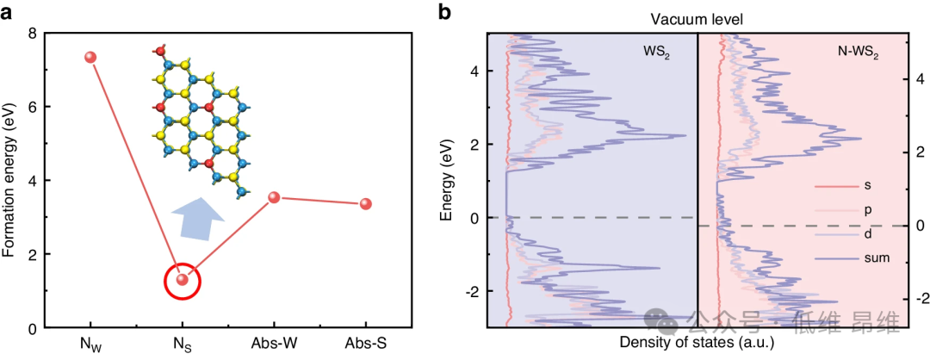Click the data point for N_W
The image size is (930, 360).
(x=90, y=57)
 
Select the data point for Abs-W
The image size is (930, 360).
(x=274, y=197)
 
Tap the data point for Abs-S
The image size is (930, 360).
(x=365, y=204)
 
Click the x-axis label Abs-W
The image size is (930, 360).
(x=274, y=344)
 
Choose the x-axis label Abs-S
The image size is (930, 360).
(x=365, y=344)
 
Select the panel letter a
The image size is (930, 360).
(x=10, y=12)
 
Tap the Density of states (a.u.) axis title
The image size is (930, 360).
(x=697, y=343)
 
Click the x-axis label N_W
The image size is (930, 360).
(x=90, y=344)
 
